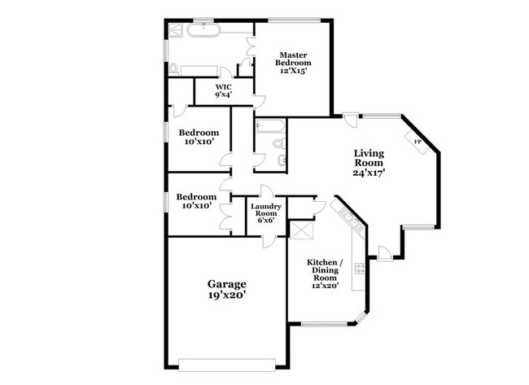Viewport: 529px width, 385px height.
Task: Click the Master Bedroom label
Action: click(x=292, y=59)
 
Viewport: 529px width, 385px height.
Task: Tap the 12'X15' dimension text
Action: click(x=292, y=71)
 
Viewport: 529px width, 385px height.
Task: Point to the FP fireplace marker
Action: click(x=418, y=142)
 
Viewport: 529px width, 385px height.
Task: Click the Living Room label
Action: click(x=369, y=157)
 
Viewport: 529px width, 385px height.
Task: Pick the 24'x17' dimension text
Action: click(x=369, y=172)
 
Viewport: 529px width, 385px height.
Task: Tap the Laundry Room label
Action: click(x=266, y=211)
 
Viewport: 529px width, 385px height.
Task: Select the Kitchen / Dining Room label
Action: click(x=325, y=269)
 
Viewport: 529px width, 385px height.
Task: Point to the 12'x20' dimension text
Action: click(x=325, y=285)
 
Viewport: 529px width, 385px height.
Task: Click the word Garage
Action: click(x=226, y=283)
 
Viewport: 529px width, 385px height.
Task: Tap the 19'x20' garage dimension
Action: click(x=226, y=295)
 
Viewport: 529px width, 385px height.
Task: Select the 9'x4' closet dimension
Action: click(x=223, y=94)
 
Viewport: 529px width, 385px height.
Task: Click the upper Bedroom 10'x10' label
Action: click(x=199, y=137)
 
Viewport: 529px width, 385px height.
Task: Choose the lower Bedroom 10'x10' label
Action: click(x=197, y=201)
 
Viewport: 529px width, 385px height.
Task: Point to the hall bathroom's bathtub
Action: click(x=269, y=126)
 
